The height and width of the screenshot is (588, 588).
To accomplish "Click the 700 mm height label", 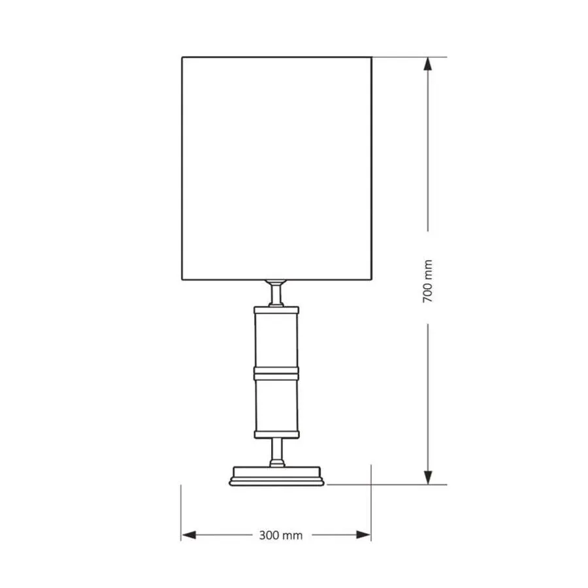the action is click(427, 281).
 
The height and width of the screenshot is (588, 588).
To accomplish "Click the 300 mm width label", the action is click(281, 535).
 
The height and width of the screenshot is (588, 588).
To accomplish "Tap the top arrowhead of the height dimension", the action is click(427, 64).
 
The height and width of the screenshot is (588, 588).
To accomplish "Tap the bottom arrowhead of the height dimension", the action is click(427, 478).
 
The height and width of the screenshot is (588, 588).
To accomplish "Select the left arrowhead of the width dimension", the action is click(188, 534).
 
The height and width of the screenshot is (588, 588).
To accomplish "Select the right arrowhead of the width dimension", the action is click(364, 534).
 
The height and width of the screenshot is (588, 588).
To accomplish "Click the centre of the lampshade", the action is click(277, 169).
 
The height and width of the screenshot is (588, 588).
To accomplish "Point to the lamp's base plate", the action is click(276, 476).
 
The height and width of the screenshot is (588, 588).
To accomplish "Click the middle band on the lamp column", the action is click(276, 373).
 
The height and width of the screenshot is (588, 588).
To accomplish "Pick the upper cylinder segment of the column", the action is click(276, 340).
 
